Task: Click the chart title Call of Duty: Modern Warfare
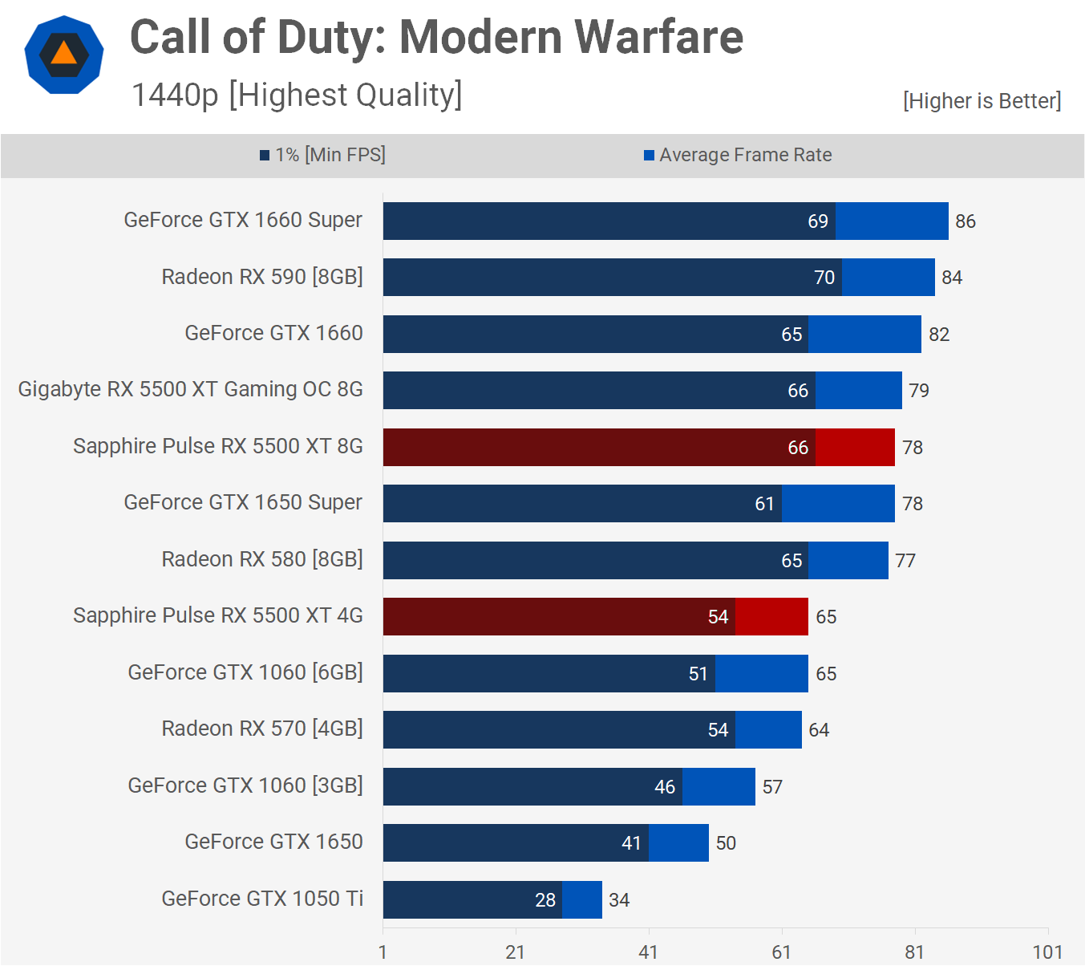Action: click(x=436, y=38)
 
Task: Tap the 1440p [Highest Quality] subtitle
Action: click(x=297, y=95)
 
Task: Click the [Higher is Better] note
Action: click(x=982, y=101)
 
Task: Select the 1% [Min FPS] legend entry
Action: click(x=322, y=155)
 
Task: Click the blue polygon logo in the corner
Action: click(x=64, y=55)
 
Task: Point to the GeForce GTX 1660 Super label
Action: click(x=243, y=221)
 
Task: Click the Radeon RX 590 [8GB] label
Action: click(x=262, y=277)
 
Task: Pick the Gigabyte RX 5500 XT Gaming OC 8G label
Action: click(x=191, y=390)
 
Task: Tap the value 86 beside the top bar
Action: click(x=966, y=221)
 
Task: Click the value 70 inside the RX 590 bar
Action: click(x=824, y=278)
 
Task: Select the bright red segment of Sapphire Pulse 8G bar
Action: click(x=855, y=447)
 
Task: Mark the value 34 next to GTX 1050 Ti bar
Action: click(x=619, y=900)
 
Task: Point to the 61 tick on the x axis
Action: click(x=781, y=952)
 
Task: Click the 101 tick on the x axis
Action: click(x=1047, y=952)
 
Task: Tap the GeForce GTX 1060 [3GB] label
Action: click(x=245, y=785)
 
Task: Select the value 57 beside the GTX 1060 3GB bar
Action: click(x=772, y=787)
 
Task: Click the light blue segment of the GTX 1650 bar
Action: click(x=678, y=842)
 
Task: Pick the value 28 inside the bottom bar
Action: click(x=545, y=900)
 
